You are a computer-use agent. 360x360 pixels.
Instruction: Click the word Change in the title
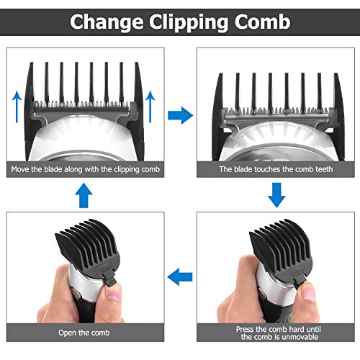point(107,22)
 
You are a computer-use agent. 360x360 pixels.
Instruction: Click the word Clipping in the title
point(189,22)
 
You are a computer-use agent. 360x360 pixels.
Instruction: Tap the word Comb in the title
point(263,22)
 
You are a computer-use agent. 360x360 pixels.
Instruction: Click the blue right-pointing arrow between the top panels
point(180,115)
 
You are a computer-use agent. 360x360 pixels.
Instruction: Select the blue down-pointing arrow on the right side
point(276,195)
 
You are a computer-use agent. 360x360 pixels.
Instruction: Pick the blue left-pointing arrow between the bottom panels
point(180,276)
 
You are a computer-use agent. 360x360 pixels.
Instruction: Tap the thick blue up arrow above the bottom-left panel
point(84,195)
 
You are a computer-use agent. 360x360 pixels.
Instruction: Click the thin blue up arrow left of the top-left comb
point(17,107)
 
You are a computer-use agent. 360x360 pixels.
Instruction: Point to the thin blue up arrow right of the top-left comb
point(150,107)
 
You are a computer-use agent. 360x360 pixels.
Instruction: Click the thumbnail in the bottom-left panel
point(112,292)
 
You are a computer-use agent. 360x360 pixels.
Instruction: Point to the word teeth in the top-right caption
point(324,169)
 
